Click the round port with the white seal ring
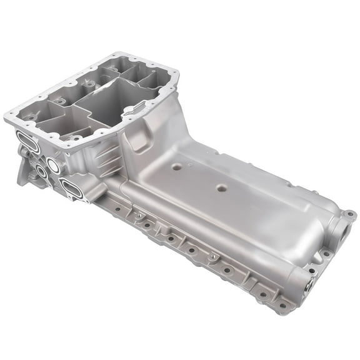(53, 166)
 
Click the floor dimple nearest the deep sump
(177, 167)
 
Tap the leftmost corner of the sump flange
(9, 117)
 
